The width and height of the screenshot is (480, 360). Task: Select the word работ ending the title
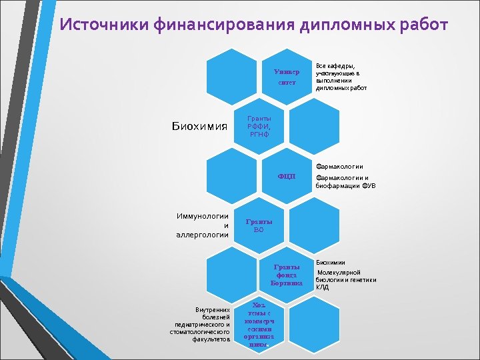(x=425, y=26)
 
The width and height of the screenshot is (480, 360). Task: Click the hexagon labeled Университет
(x=287, y=76)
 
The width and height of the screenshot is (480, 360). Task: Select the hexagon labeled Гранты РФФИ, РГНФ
(x=259, y=126)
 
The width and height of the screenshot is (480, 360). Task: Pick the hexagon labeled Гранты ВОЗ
(x=259, y=225)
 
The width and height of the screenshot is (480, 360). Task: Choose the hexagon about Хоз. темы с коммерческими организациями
(x=259, y=323)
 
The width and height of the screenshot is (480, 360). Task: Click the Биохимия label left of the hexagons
(x=199, y=126)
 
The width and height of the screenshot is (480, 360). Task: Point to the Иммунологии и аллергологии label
(x=203, y=225)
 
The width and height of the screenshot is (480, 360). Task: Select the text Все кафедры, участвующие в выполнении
(x=341, y=74)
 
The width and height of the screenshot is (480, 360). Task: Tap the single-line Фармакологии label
(x=340, y=166)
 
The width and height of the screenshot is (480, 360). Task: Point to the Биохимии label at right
(x=331, y=263)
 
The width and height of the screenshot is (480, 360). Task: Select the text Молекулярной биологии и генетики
(x=345, y=276)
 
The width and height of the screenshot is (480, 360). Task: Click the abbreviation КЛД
(x=323, y=287)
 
